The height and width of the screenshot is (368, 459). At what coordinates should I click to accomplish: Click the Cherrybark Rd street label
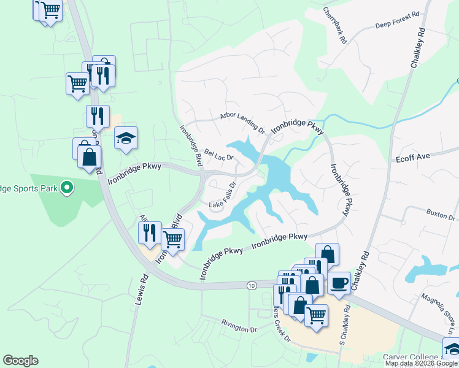click(338, 26)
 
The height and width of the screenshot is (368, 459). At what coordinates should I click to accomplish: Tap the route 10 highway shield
click(252, 285)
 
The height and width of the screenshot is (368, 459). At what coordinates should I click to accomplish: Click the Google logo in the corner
click(20, 361)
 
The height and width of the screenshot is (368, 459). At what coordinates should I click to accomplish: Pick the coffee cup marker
click(339, 283)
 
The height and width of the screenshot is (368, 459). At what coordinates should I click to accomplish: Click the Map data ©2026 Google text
click(422, 363)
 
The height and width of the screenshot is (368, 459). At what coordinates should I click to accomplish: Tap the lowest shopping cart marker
click(316, 316)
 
